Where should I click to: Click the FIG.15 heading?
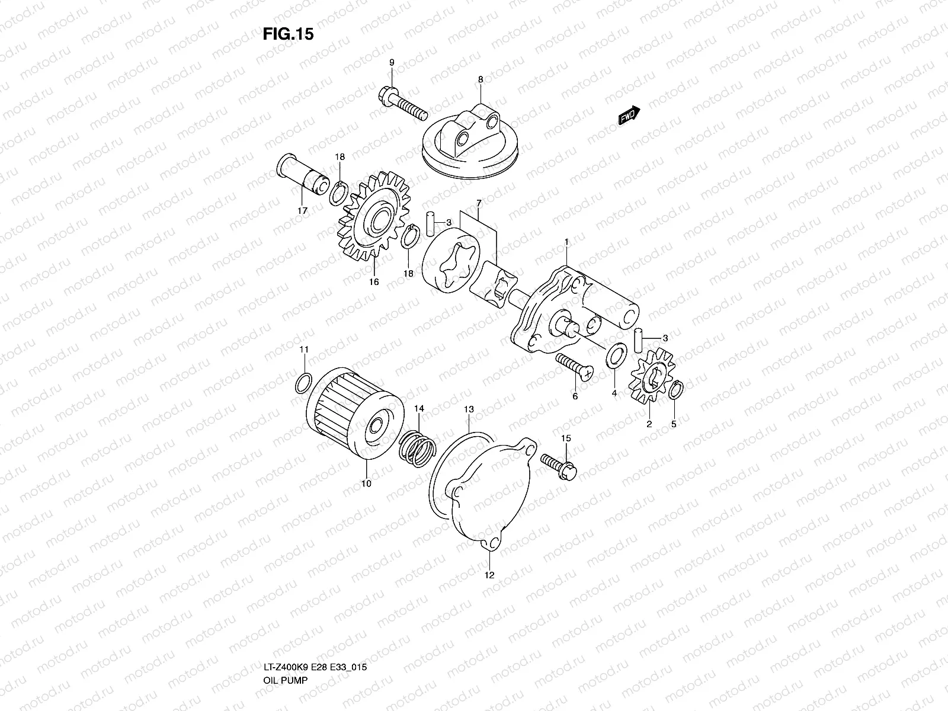click(x=288, y=34)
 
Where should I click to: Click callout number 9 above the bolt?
click(x=392, y=63)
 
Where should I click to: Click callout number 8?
click(x=481, y=79)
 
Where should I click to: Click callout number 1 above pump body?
click(x=567, y=242)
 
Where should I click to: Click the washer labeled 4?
click(x=616, y=355)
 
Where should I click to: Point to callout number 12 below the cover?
click(x=489, y=575)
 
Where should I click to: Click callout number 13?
click(x=469, y=409)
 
